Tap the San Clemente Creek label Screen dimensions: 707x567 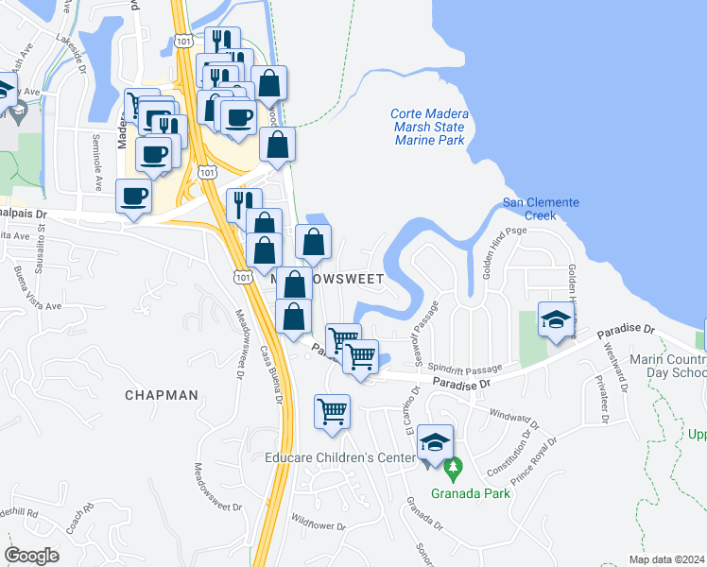click(x=541, y=209)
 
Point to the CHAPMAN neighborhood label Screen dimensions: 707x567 click(x=162, y=396)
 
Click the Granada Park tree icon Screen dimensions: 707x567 click(x=454, y=467)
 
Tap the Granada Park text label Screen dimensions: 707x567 click(x=470, y=492)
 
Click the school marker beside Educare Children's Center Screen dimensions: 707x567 click(x=436, y=442)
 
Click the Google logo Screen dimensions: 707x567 click(x=32, y=556)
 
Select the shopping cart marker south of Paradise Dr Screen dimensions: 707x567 click(x=332, y=411)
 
